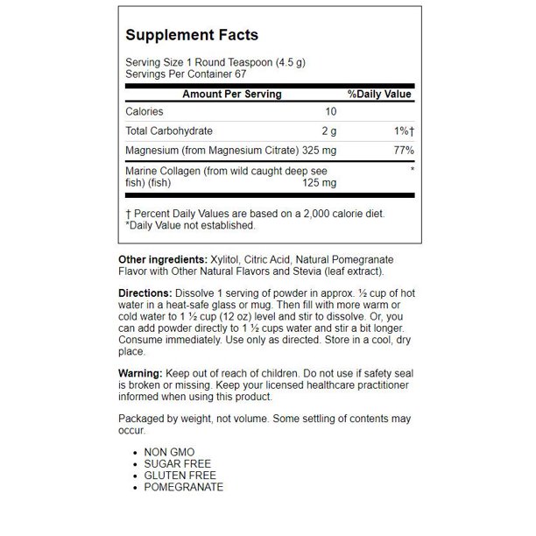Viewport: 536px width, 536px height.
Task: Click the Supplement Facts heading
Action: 192,36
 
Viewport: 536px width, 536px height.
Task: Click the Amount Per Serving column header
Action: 231,94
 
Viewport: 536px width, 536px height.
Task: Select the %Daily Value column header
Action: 379,94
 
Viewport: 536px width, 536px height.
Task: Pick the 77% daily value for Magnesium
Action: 401,150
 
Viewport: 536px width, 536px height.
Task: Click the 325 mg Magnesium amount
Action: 315,150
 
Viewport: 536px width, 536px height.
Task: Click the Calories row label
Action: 145,112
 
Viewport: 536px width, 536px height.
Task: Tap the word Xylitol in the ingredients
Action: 226,260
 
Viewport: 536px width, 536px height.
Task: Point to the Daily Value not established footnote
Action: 190,225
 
